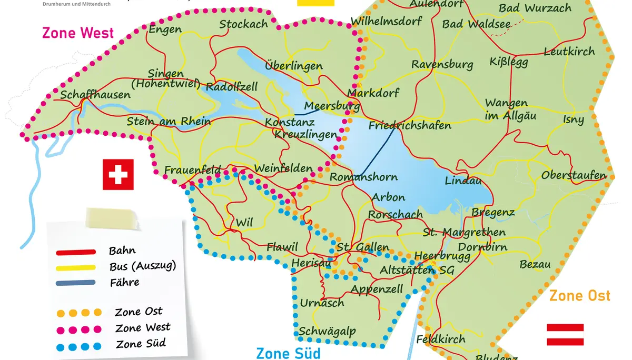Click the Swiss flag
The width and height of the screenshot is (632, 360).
[118, 175]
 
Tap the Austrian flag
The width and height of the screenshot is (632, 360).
[565, 335]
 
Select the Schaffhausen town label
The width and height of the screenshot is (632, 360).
[95, 95]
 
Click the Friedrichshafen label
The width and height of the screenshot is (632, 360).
[410, 125]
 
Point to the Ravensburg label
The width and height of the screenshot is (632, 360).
[442, 65]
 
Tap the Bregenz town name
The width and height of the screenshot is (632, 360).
[493, 212]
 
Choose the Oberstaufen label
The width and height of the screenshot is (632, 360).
[574, 175]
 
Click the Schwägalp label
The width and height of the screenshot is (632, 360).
[327, 331]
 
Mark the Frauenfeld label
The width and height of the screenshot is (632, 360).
[192, 170]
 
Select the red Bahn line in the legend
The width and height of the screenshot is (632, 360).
[76, 252]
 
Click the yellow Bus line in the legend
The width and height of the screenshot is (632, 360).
[76, 267]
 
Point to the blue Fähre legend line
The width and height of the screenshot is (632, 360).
[76, 283]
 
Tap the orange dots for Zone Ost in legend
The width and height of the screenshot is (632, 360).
[79, 313]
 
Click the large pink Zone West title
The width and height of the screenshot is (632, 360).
[78, 33]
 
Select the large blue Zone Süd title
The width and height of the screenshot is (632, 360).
[288, 353]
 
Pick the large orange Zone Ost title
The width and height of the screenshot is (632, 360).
[579, 296]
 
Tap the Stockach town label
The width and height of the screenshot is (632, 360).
[243, 24]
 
